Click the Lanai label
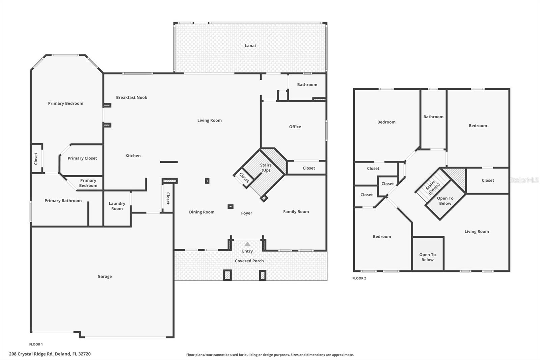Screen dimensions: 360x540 click(x=250, y=46)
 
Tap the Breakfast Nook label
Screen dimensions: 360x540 click(x=132, y=97)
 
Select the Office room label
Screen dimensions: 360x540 click(x=295, y=127)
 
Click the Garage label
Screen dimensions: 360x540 click(x=105, y=276)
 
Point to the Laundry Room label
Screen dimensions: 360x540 click(x=117, y=206)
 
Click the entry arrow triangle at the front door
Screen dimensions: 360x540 click(x=247, y=244)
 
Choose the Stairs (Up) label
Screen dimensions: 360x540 click(x=266, y=168)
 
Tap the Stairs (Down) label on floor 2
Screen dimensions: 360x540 click(x=432, y=187)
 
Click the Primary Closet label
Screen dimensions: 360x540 click(x=82, y=158)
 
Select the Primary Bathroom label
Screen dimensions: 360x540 click(x=63, y=201)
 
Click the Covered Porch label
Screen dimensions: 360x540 click(x=249, y=261)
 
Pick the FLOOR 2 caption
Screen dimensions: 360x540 click(x=359, y=278)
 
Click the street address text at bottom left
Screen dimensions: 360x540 click(x=50, y=354)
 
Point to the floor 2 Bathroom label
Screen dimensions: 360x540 click(x=433, y=117)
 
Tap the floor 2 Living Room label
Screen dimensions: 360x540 click(x=477, y=231)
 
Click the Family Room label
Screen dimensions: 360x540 click(x=296, y=212)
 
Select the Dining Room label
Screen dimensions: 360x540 click(x=201, y=212)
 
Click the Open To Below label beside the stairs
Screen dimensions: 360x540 click(x=445, y=201)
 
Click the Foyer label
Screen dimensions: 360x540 click(x=246, y=213)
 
